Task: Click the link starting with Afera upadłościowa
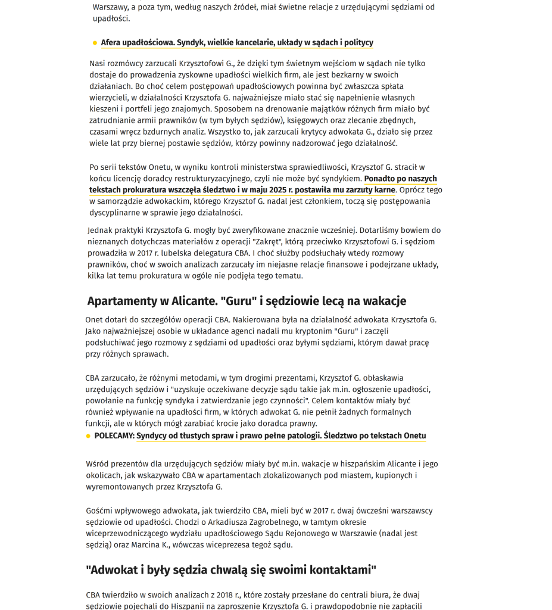[237, 42]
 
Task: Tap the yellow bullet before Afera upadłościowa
[95, 43]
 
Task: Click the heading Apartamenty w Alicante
[247, 301]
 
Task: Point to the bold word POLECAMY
[114, 435]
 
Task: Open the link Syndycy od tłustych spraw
[281, 435]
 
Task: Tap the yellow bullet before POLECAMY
[88, 436]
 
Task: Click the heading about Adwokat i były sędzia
[231, 570]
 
